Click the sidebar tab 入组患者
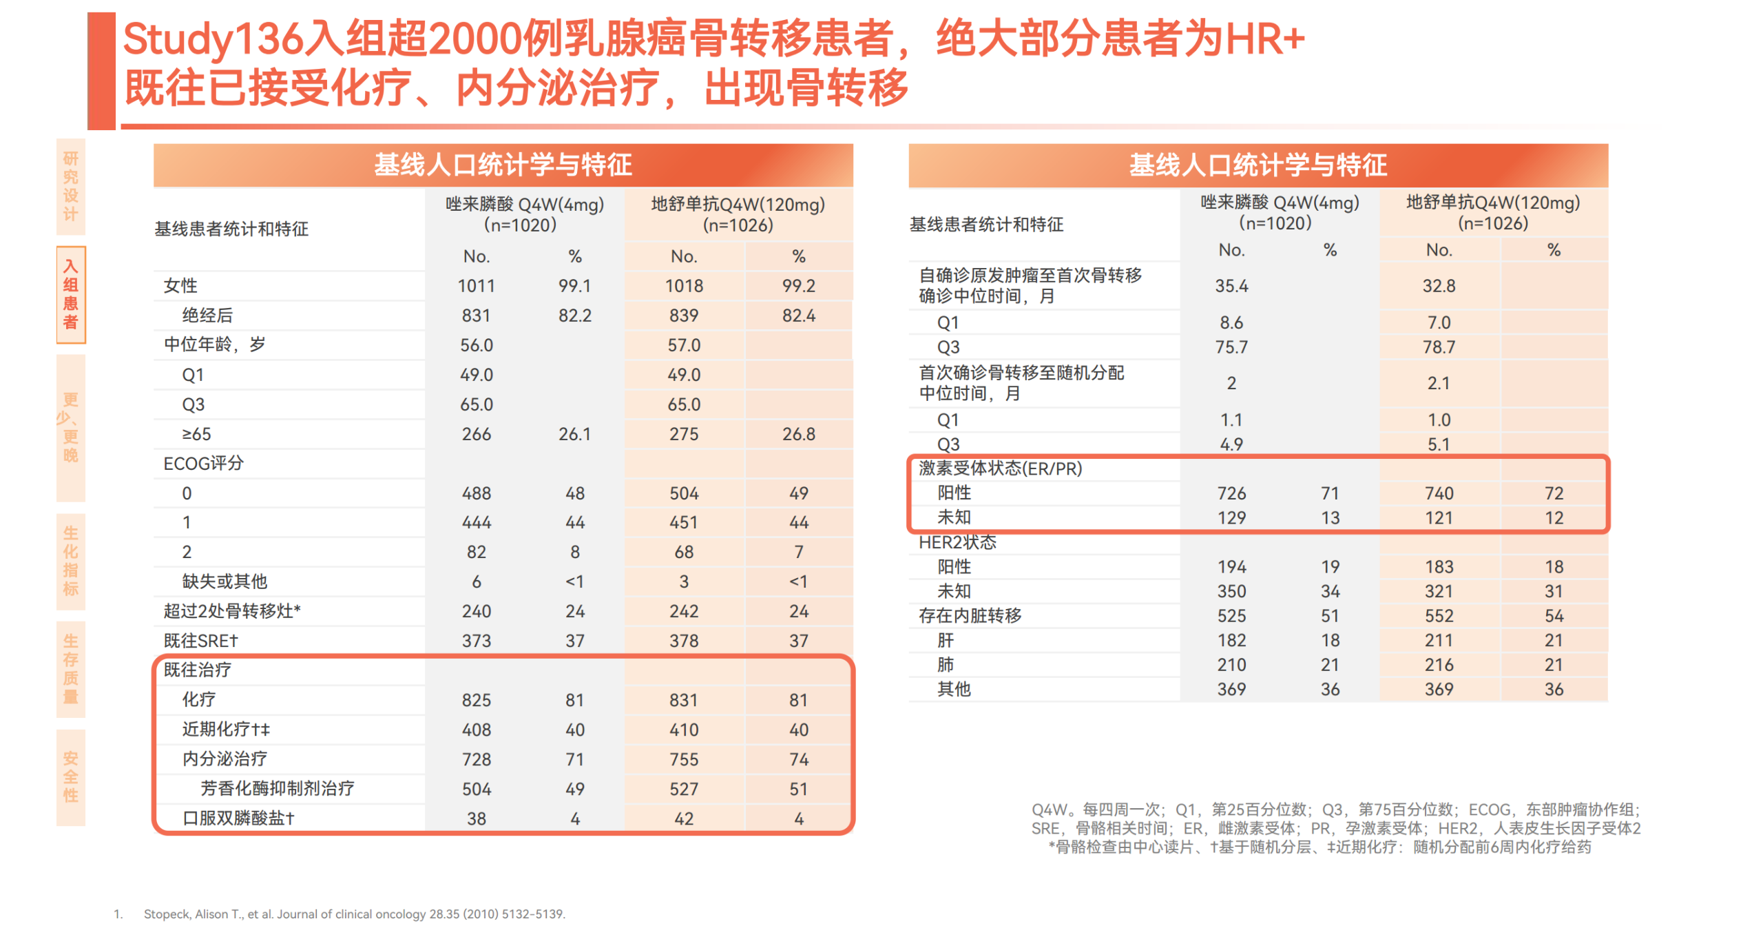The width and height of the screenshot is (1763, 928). click(70, 294)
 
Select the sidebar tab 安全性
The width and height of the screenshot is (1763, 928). click(70, 776)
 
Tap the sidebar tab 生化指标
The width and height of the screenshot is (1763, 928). click(70, 560)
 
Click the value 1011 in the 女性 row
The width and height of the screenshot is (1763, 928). click(476, 285)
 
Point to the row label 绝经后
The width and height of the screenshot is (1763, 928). click(207, 315)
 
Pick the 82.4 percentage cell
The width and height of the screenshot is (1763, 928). click(798, 315)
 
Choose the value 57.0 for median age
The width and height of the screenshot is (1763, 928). click(683, 344)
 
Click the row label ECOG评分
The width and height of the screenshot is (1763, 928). click(203, 463)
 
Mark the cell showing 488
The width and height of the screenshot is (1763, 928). click(476, 493)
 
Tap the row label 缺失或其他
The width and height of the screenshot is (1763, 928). click(225, 581)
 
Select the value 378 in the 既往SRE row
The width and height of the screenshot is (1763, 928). click(683, 640)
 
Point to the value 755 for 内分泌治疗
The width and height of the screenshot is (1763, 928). click(683, 759)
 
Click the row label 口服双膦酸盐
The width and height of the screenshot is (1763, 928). click(238, 818)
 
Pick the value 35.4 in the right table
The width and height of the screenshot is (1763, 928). click(1231, 285)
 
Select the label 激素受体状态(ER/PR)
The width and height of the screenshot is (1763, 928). click(1000, 468)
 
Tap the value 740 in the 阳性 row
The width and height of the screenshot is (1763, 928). click(1438, 493)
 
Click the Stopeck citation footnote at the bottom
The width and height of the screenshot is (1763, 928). click(354, 914)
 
